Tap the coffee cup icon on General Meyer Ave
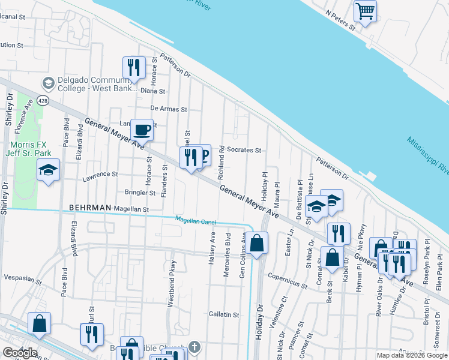coord(142,129)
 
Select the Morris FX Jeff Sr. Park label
coord(32,149)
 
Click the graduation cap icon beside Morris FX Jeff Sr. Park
coord(49,171)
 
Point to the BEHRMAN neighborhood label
coord(90,208)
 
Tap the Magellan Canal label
coord(195,221)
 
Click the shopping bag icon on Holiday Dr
coord(257,244)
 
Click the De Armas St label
coord(169,110)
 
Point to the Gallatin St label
coord(224,314)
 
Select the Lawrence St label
coord(100,175)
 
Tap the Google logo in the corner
coord(19,353)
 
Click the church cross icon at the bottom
coord(194,347)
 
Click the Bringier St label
coord(140,193)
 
